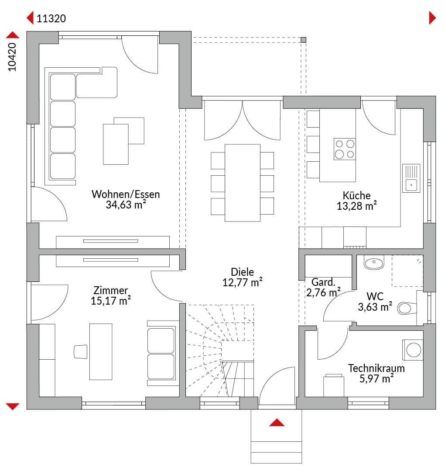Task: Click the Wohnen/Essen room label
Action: pyautogui.click(x=126, y=194)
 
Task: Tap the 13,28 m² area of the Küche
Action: pyautogui.click(x=357, y=206)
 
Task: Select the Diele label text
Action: pyautogui.click(x=242, y=272)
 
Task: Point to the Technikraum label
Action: pyautogui.click(x=376, y=368)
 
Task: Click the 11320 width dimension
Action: pyautogui.click(x=51, y=19)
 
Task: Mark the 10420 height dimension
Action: pyautogui.click(x=12, y=57)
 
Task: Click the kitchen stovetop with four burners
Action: pyautogui.click(x=345, y=149)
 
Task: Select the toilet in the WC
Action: pyautogui.click(x=407, y=308)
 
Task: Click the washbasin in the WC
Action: pyautogui.click(x=374, y=263)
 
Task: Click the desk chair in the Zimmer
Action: pyautogui.click(x=81, y=351)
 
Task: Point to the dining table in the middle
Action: pyautogui.click(x=242, y=183)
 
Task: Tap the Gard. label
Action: pyautogui.click(x=323, y=282)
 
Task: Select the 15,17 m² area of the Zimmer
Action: pyautogui.click(x=110, y=301)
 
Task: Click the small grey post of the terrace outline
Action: pyautogui.click(x=304, y=40)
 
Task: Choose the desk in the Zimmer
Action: pyautogui.click(x=101, y=351)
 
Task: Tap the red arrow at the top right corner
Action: pyautogui.click(x=432, y=18)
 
